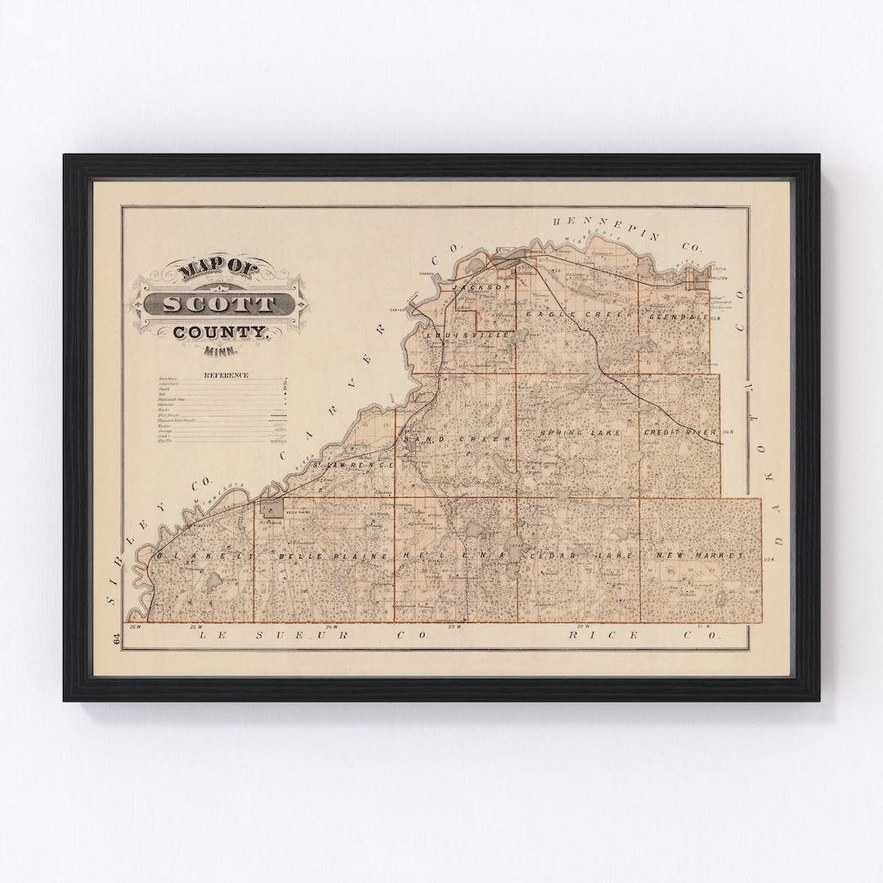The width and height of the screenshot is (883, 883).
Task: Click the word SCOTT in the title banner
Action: pyautogui.click(x=219, y=304)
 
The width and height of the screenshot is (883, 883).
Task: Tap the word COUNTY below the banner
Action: pyautogui.click(x=220, y=333)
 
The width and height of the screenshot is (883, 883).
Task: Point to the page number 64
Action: pyautogui.click(x=117, y=640)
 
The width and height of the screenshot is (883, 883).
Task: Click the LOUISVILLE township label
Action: pyautogui.click(x=467, y=335)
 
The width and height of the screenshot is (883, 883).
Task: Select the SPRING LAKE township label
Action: pyautogui.click(x=580, y=432)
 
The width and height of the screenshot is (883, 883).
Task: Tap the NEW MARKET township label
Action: pyautogui.click(x=699, y=555)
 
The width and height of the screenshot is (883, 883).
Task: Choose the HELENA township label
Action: pyautogui.click(x=451, y=555)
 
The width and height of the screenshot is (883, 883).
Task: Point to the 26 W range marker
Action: pyautogui.click(x=136, y=627)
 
